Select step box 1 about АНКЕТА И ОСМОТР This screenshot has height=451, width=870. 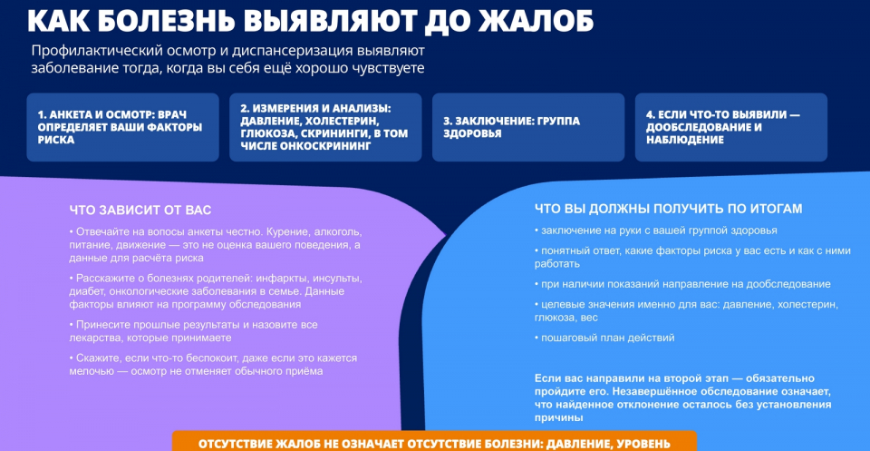[x=122, y=127]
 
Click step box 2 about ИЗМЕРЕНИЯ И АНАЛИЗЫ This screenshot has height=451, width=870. [x=325, y=127]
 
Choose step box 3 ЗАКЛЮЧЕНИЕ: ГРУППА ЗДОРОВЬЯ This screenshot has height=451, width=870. [x=528, y=127]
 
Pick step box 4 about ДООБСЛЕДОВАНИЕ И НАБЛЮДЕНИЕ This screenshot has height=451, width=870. [x=731, y=127]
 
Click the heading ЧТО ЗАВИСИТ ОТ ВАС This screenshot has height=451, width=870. [x=140, y=211]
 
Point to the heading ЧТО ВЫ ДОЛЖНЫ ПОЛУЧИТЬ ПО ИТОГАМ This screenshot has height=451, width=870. [x=669, y=209]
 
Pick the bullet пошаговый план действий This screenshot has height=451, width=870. [x=604, y=338]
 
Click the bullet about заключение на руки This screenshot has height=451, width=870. [x=656, y=230]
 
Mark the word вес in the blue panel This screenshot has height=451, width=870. [x=590, y=319]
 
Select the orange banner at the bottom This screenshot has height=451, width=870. [x=434, y=441]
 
